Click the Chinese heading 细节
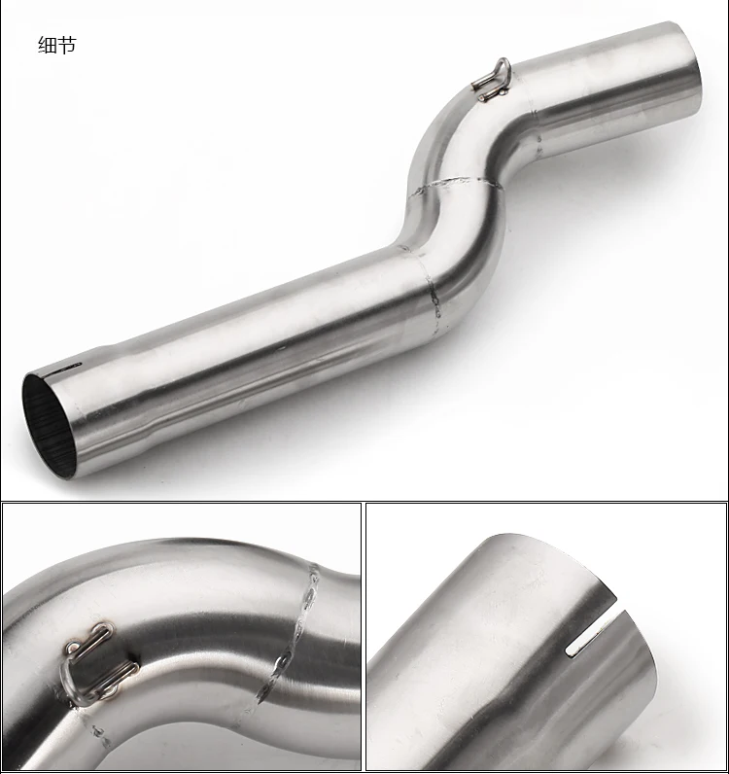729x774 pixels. pos(57,45)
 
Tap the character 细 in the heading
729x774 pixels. pos(48,45)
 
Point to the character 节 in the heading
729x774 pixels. pos(67,45)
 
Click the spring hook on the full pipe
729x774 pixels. pos(492,80)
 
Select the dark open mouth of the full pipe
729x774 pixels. pos(50,426)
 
